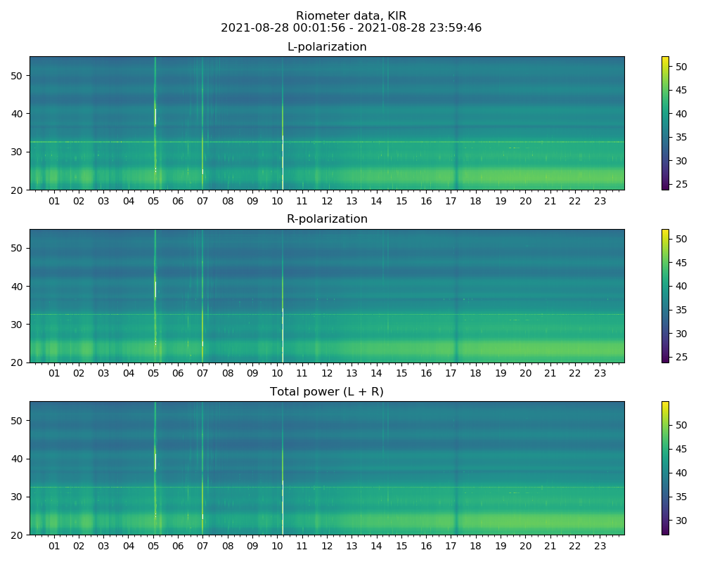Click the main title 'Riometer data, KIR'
[x=351, y=16]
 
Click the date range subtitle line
[x=351, y=28]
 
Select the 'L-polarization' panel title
[x=327, y=47]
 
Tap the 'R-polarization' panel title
[x=327, y=219]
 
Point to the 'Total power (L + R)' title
[x=327, y=392]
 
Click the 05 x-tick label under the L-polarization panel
[x=153, y=201]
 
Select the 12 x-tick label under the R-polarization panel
[x=327, y=373]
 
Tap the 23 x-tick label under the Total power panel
[x=600, y=546]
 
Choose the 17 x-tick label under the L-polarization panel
[x=451, y=201]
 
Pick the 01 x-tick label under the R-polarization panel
[x=54, y=373]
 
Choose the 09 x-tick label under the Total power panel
[x=252, y=546]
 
